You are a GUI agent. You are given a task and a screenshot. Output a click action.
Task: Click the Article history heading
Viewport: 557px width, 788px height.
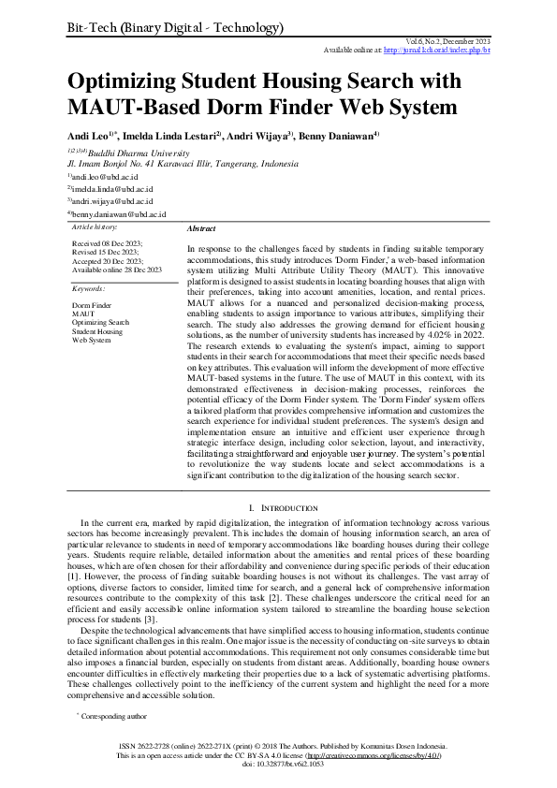click(95, 227)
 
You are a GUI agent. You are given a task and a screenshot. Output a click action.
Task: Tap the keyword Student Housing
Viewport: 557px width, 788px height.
click(97, 331)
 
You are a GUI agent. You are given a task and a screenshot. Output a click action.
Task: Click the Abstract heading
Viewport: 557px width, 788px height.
click(201, 228)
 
